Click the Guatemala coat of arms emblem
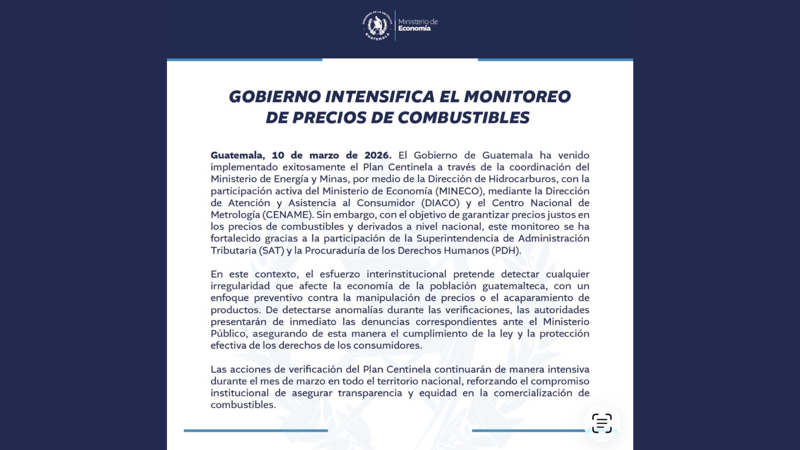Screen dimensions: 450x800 [377, 25]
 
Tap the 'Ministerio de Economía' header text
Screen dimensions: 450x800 [417, 25]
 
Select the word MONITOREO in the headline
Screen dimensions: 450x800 [517, 96]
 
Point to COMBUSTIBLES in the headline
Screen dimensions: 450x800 [463, 117]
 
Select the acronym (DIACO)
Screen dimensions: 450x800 [440, 203]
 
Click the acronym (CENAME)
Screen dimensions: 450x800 [287, 215]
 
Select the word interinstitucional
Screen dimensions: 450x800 [406, 274]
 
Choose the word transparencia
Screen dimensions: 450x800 [370, 393]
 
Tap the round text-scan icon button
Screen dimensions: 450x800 [601, 423]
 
